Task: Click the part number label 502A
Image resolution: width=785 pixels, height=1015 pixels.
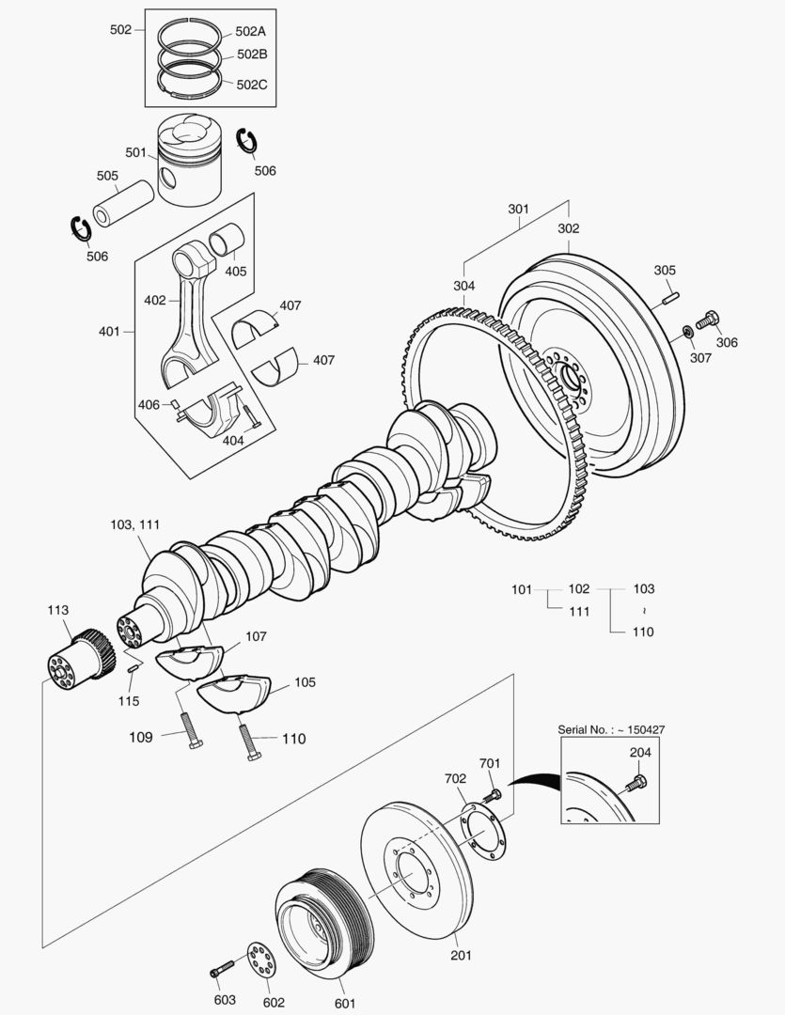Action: [x=250, y=31]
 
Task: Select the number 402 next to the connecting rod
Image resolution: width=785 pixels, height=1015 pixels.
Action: [x=154, y=301]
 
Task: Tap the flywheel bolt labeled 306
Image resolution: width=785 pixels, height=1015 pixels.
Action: [x=708, y=320]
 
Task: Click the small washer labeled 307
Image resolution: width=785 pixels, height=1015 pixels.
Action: [x=688, y=331]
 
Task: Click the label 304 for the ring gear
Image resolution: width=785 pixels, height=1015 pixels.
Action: [x=464, y=286]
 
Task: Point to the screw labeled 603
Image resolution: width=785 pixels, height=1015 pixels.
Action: [x=221, y=968]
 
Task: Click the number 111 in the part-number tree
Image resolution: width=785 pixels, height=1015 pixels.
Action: [x=579, y=611]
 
